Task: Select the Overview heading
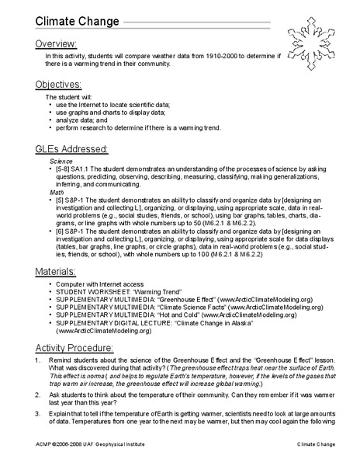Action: tap(55, 43)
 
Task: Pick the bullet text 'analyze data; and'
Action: tap(88, 120)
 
